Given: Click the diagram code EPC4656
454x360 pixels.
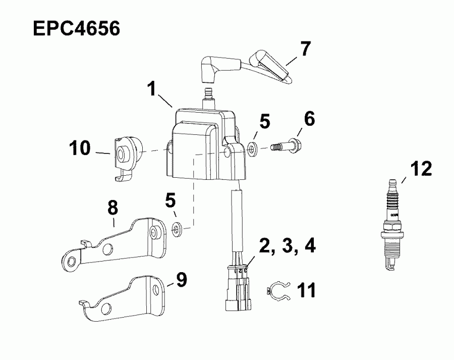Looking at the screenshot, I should (x=76, y=28).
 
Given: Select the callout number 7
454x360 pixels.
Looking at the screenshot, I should (x=305, y=49).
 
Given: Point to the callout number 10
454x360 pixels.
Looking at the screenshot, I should (x=80, y=148).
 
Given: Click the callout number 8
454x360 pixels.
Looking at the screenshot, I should (x=113, y=207).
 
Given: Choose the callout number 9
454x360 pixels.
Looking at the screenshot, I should (x=181, y=279).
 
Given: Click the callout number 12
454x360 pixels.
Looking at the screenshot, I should (x=421, y=169).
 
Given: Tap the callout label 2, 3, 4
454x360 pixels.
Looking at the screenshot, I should (x=288, y=246).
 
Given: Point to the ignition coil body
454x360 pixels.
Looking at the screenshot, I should (x=202, y=146).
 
